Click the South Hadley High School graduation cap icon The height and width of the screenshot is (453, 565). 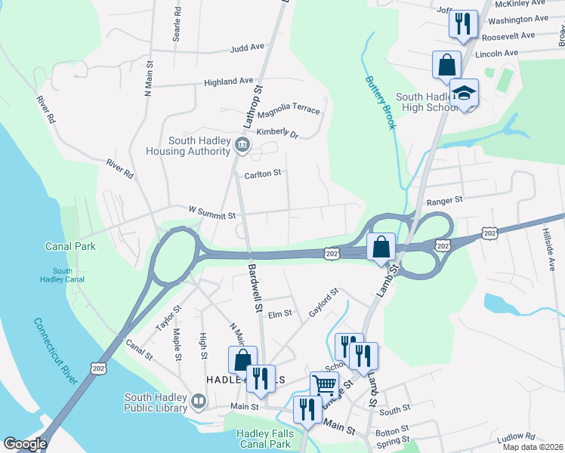(464, 93)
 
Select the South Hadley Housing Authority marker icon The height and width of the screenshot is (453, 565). (241, 145)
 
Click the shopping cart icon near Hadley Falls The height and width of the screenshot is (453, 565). (324, 385)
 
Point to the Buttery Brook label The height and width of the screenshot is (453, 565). (380, 102)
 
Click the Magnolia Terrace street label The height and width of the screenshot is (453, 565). (289, 112)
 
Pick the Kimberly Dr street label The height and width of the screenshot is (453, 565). (278, 133)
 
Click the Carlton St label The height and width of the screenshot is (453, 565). (262, 173)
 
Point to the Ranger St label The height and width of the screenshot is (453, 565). (443, 200)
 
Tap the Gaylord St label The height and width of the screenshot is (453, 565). (323, 302)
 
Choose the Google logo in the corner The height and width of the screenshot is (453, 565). (25, 443)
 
